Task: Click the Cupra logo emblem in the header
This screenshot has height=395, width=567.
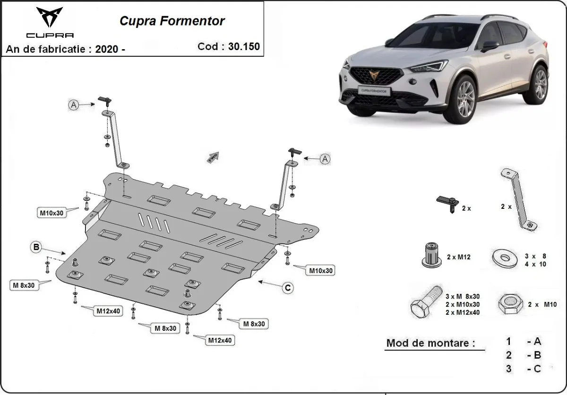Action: coord(49,17)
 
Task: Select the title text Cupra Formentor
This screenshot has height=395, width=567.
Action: coord(172,21)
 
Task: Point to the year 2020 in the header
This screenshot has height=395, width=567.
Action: coord(106,49)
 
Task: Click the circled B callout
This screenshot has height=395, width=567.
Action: coord(36,246)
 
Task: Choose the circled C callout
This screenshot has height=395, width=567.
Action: coord(287,288)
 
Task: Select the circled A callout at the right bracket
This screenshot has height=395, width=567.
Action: coord(325,159)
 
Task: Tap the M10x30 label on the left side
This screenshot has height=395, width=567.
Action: coord(51,213)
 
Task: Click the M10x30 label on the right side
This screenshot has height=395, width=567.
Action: coord(321,271)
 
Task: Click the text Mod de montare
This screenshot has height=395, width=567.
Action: coord(430,343)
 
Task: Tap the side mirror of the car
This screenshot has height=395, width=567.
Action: coord(490,46)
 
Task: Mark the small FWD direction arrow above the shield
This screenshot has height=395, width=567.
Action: coord(213,156)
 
